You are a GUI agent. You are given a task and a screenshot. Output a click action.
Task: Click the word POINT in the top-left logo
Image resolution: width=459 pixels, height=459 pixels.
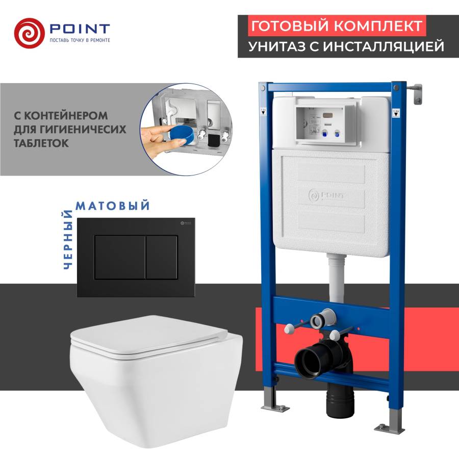(x=79, y=28)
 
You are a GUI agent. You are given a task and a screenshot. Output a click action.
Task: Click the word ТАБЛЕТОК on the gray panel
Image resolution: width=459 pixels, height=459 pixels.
(x=41, y=144)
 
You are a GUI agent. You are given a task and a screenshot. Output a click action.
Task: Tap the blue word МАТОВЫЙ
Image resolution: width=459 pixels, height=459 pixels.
(x=113, y=206)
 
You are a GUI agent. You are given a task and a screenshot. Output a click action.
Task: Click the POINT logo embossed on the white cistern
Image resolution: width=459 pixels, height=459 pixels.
(x=326, y=194)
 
